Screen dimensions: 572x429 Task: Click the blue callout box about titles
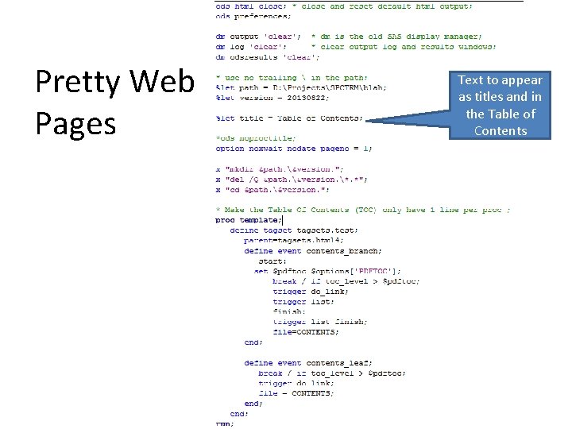500,105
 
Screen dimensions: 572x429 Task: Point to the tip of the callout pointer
368,122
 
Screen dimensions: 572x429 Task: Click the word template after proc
261,220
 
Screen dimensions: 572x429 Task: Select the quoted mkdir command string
275,168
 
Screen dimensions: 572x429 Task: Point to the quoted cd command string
273,189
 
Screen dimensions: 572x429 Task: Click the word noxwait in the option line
266,149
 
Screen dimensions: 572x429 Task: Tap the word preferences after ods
261,17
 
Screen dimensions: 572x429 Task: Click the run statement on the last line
225,424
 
